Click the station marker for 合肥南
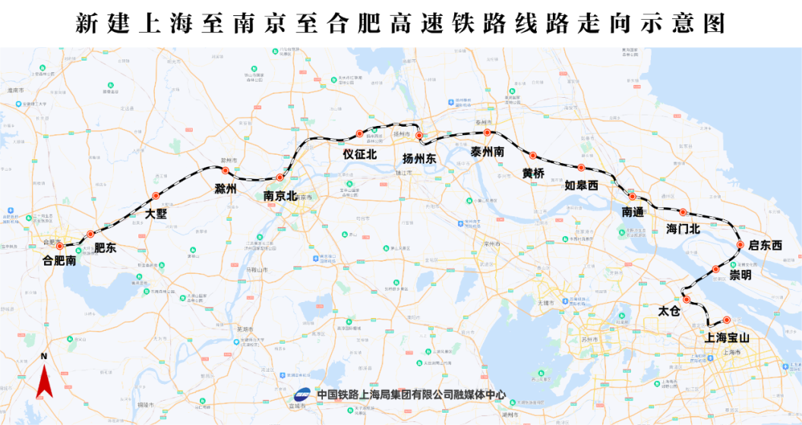point(60,246)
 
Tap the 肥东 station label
point(106,248)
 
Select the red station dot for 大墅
point(156,197)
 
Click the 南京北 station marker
point(280,178)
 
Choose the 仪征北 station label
point(360,154)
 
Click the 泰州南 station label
point(488,151)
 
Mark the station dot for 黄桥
point(532,155)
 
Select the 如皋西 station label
point(582,185)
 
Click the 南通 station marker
point(632,197)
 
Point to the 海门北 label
point(683,228)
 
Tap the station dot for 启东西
point(740,244)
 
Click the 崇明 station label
point(740,275)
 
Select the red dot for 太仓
point(687,300)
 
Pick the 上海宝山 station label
point(728,338)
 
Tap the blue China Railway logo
point(302,395)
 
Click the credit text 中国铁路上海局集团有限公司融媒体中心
point(411,395)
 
